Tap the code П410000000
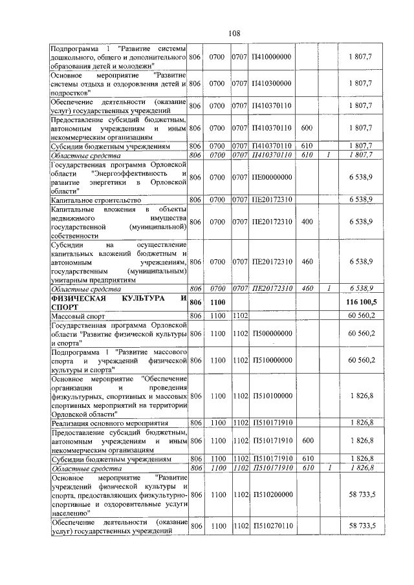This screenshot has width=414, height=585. pos(271,57)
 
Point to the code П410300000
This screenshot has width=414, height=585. pos(271,84)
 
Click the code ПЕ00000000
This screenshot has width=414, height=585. pos(271,177)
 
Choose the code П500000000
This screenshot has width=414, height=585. pos(271,333)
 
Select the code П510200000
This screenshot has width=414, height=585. pos(271,495)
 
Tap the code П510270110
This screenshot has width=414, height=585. pos(271,527)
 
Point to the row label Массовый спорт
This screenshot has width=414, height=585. pos(77,315)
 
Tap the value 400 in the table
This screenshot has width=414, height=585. pos(307,222)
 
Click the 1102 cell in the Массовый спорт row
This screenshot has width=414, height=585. pos(240,315)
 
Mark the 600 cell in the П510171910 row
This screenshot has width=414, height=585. pos(307,440)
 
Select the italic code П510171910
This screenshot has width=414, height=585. pos(271,467)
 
